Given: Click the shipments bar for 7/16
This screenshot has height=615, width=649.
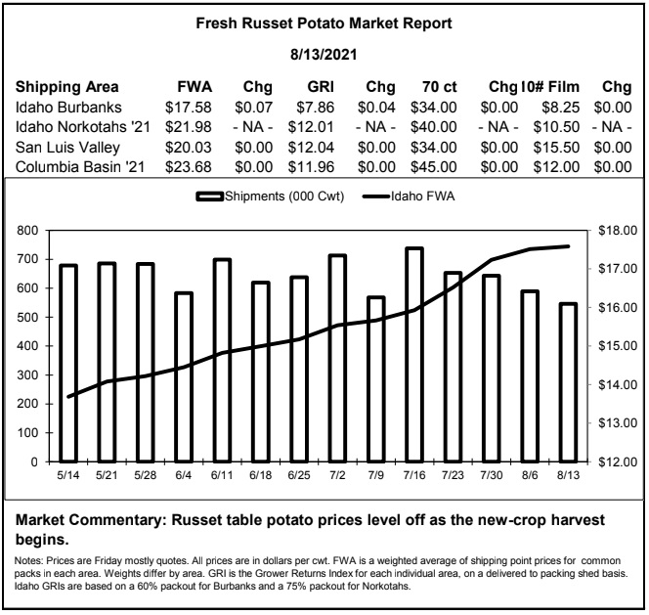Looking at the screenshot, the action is (414, 355).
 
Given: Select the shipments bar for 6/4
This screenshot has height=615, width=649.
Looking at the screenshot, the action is (184, 376).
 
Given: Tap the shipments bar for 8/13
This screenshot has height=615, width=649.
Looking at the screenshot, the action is (568, 382).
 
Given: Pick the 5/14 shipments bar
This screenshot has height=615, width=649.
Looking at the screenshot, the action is (68, 363).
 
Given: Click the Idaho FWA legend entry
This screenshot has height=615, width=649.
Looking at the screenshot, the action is (409, 196).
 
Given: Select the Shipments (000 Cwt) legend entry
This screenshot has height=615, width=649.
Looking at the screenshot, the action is (270, 196).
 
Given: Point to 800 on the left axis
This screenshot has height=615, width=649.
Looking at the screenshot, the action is (27, 231).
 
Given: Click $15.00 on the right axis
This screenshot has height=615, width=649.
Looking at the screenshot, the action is (618, 346).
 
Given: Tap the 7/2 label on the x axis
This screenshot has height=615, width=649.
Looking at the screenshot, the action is (337, 475).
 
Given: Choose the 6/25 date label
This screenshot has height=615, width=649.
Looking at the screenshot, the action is (299, 475).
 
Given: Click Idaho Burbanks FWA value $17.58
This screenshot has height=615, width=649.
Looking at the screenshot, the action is (189, 108).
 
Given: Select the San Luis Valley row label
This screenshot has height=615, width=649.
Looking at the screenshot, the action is (67, 148).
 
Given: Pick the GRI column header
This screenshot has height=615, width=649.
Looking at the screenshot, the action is (321, 87).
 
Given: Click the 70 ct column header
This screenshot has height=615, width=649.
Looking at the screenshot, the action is (439, 87).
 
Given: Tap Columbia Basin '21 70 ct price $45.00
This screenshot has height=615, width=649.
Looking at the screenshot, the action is (434, 167).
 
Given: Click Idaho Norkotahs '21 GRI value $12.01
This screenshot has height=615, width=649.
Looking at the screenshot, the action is (311, 127).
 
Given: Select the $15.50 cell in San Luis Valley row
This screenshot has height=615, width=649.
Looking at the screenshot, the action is (556, 148).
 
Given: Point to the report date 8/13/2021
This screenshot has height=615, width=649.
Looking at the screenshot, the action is (324, 54).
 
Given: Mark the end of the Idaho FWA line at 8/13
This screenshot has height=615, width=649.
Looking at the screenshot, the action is (568, 246).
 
